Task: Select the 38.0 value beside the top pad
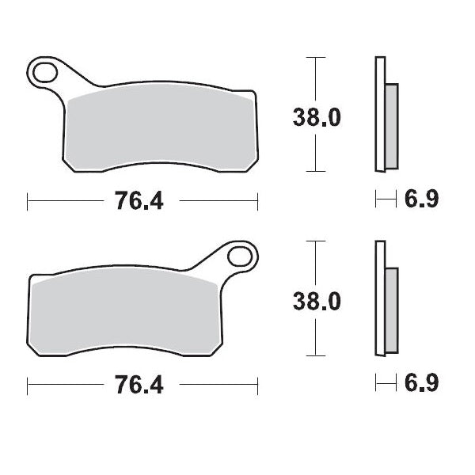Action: (x=317, y=117)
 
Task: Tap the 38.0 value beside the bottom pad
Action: (x=317, y=302)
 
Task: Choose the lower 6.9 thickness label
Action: (x=421, y=386)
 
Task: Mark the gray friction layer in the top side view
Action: (x=391, y=124)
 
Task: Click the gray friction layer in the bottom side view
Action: (x=391, y=310)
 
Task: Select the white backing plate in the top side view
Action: (x=380, y=115)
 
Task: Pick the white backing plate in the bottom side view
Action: (x=380, y=301)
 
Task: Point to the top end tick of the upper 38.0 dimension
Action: (x=316, y=58)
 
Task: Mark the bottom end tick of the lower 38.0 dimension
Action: (x=316, y=356)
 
